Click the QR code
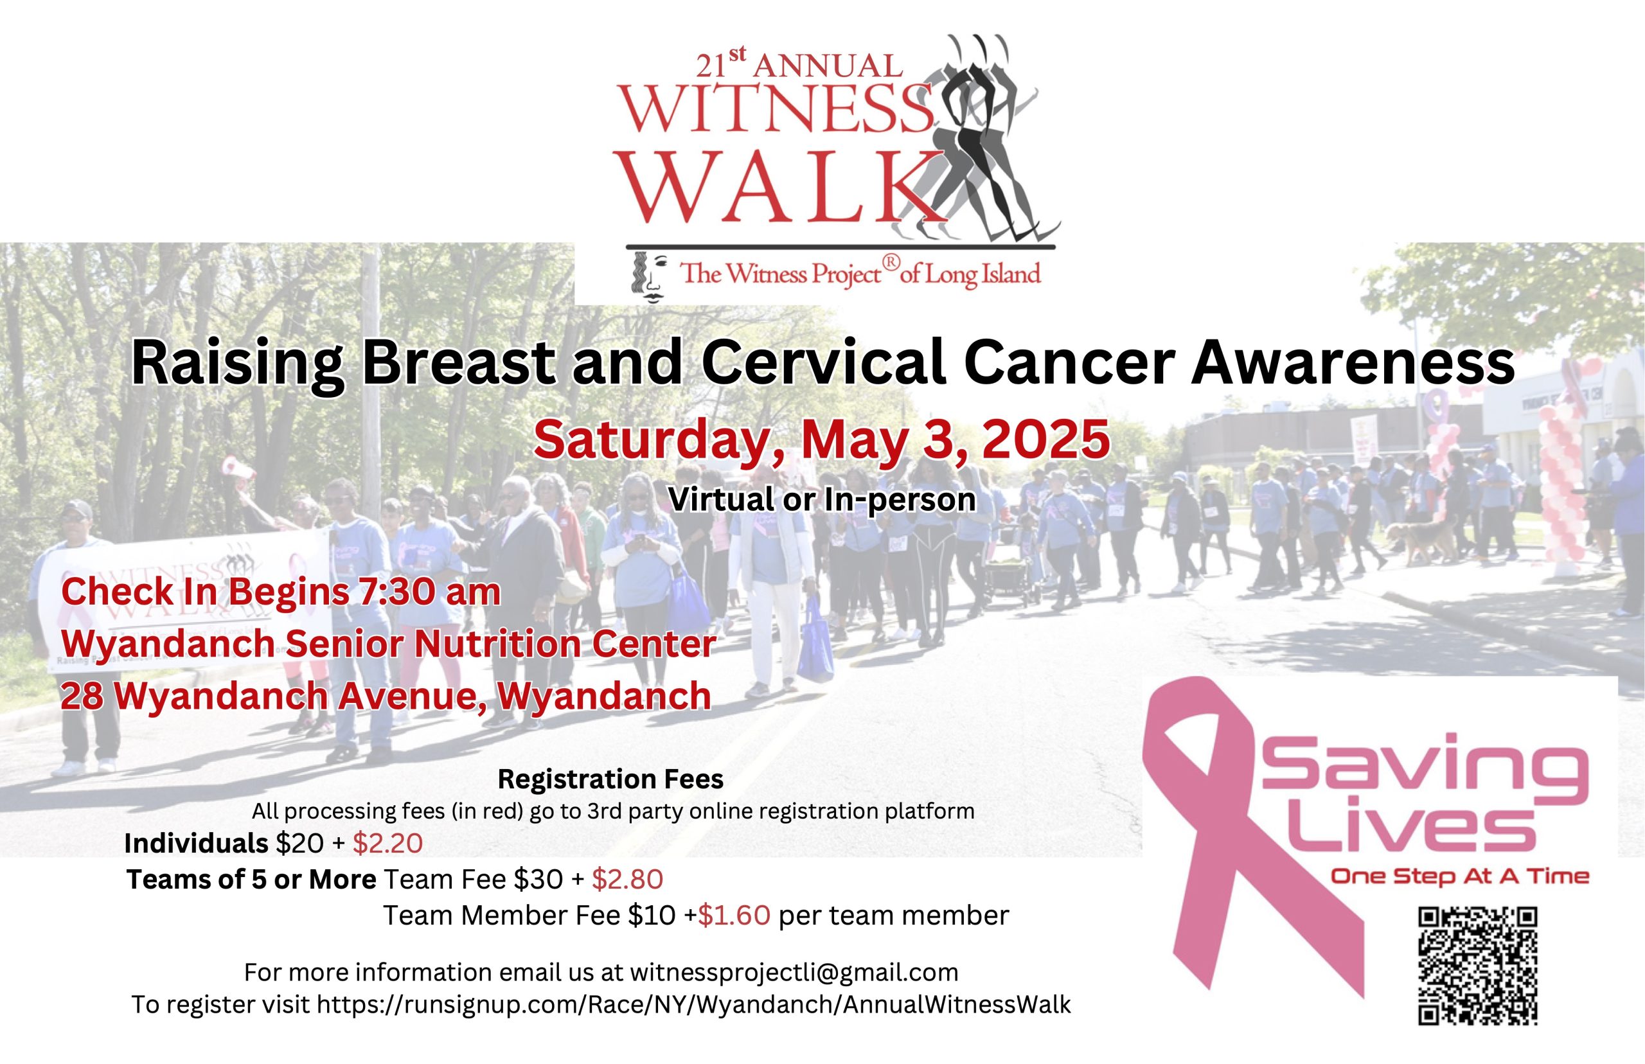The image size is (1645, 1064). (x=1478, y=965)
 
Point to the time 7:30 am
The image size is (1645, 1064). (x=430, y=592)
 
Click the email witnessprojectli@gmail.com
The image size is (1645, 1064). (x=794, y=972)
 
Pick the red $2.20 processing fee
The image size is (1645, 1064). (x=387, y=843)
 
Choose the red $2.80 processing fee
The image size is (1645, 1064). (x=627, y=879)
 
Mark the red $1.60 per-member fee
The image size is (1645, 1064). (x=734, y=916)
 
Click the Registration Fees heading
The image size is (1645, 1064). (x=610, y=779)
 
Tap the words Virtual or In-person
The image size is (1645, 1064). (x=822, y=499)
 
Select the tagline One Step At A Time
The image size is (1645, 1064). (x=1460, y=877)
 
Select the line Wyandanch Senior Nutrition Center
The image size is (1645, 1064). (x=388, y=644)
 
